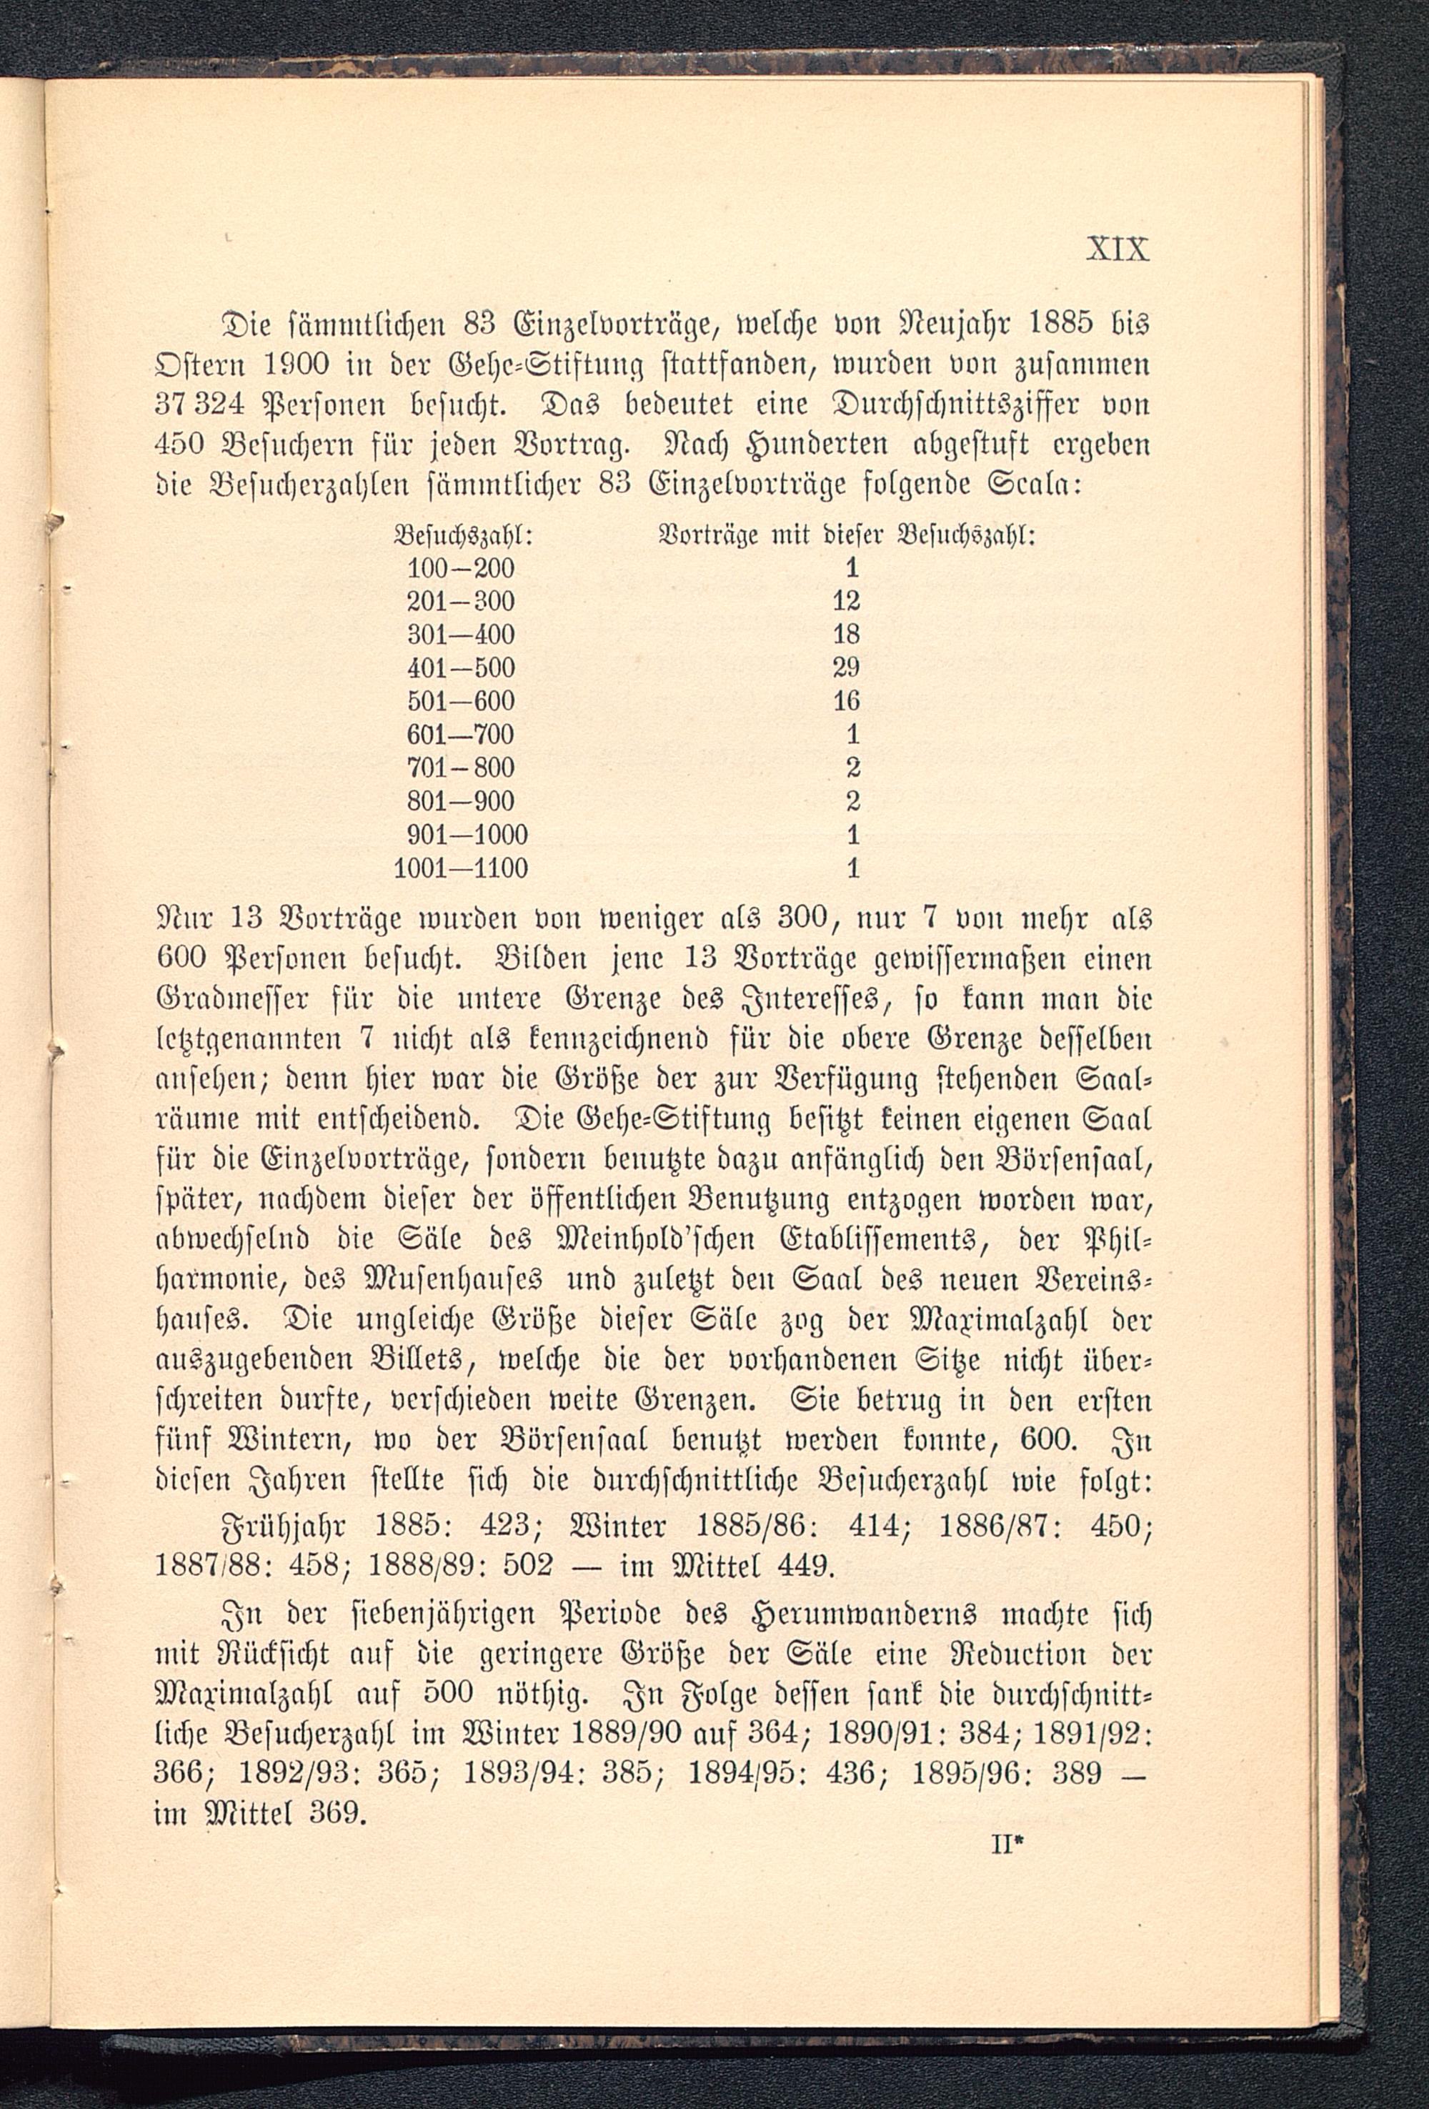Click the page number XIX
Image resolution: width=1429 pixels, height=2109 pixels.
pos(1117,249)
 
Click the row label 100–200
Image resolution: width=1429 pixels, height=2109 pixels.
pos(461,569)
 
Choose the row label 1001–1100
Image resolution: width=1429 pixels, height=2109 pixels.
pos(461,868)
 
